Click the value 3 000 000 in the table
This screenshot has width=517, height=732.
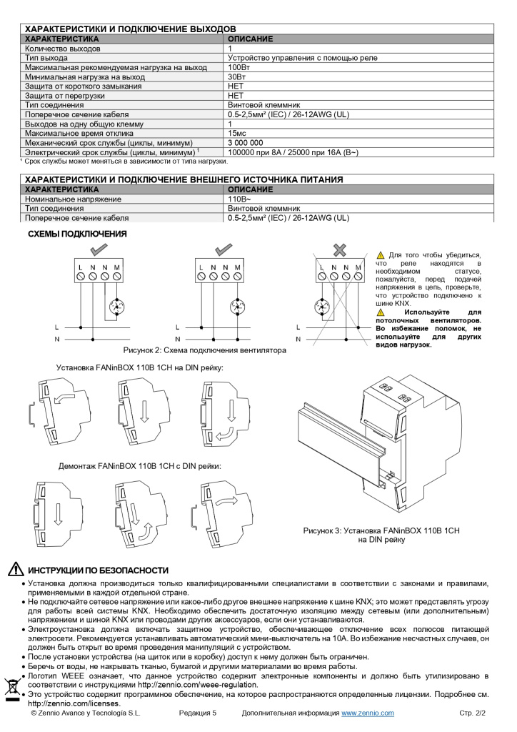point(245,143)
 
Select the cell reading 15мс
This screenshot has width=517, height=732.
point(237,134)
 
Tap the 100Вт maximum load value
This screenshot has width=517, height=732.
point(239,67)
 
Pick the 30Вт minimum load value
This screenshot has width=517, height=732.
point(237,76)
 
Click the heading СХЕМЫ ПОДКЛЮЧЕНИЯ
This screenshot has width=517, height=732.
point(76,234)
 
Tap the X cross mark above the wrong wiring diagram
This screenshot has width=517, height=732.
point(340,249)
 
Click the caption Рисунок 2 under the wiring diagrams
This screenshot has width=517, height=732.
point(204,350)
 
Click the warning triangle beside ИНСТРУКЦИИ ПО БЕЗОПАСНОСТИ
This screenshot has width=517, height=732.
point(16,570)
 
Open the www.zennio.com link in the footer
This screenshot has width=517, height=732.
point(367,713)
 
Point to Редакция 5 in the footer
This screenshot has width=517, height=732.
point(197,713)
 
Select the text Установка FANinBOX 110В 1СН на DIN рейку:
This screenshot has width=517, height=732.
point(140,367)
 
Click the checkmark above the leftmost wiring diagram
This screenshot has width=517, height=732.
point(99,249)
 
